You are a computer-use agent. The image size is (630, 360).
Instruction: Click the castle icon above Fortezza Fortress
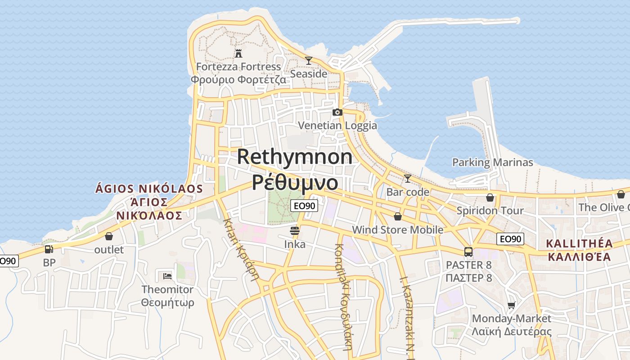(238, 54)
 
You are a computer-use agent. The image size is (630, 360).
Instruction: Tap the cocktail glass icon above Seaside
(309, 61)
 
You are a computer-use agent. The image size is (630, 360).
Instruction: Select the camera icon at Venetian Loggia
(337, 112)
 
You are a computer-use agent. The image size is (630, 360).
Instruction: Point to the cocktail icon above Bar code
(408, 179)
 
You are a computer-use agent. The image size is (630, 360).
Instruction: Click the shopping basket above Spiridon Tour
(490, 198)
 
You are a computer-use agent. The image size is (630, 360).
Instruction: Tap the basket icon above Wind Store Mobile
(398, 217)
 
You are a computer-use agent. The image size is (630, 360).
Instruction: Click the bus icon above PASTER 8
(468, 252)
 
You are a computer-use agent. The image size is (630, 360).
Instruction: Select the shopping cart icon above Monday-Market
(511, 306)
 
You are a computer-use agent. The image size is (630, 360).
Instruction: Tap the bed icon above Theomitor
(167, 275)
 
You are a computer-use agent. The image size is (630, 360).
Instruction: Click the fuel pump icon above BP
(49, 249)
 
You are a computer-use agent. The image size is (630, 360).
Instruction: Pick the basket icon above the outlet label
(109, 236)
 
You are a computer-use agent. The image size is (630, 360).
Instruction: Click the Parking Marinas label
(493, 162)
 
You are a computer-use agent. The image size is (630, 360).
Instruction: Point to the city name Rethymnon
(295, 157)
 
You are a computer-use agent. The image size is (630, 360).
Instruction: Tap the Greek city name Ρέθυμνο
(295, 182)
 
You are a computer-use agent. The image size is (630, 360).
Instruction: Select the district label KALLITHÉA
(579, 244)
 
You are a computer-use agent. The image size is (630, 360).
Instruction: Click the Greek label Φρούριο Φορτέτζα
(238, 80)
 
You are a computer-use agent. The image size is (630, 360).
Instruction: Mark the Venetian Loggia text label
(337, 126)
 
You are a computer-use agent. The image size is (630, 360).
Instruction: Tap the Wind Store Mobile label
(398, 230)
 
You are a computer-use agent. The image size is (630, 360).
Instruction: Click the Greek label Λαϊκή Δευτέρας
(512, 332)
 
